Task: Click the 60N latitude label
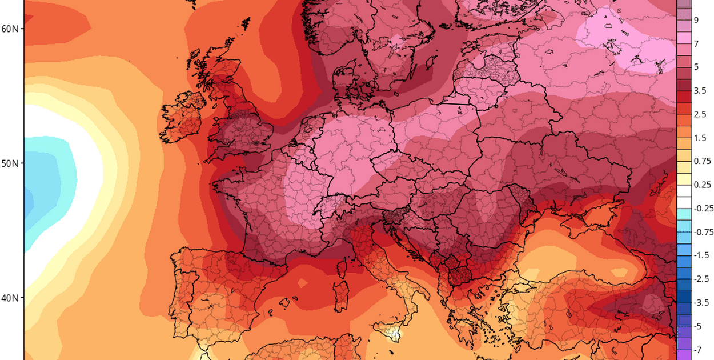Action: [10, 29]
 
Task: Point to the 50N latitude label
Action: [10, 163]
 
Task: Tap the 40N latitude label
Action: [10, 298]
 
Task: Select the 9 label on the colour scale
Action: [696, 20]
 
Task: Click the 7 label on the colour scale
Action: [696, 43]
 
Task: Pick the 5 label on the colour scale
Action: [696, 67]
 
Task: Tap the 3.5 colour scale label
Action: [700, 90]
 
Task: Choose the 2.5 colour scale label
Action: [700, 114]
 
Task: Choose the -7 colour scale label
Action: [697, 349]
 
